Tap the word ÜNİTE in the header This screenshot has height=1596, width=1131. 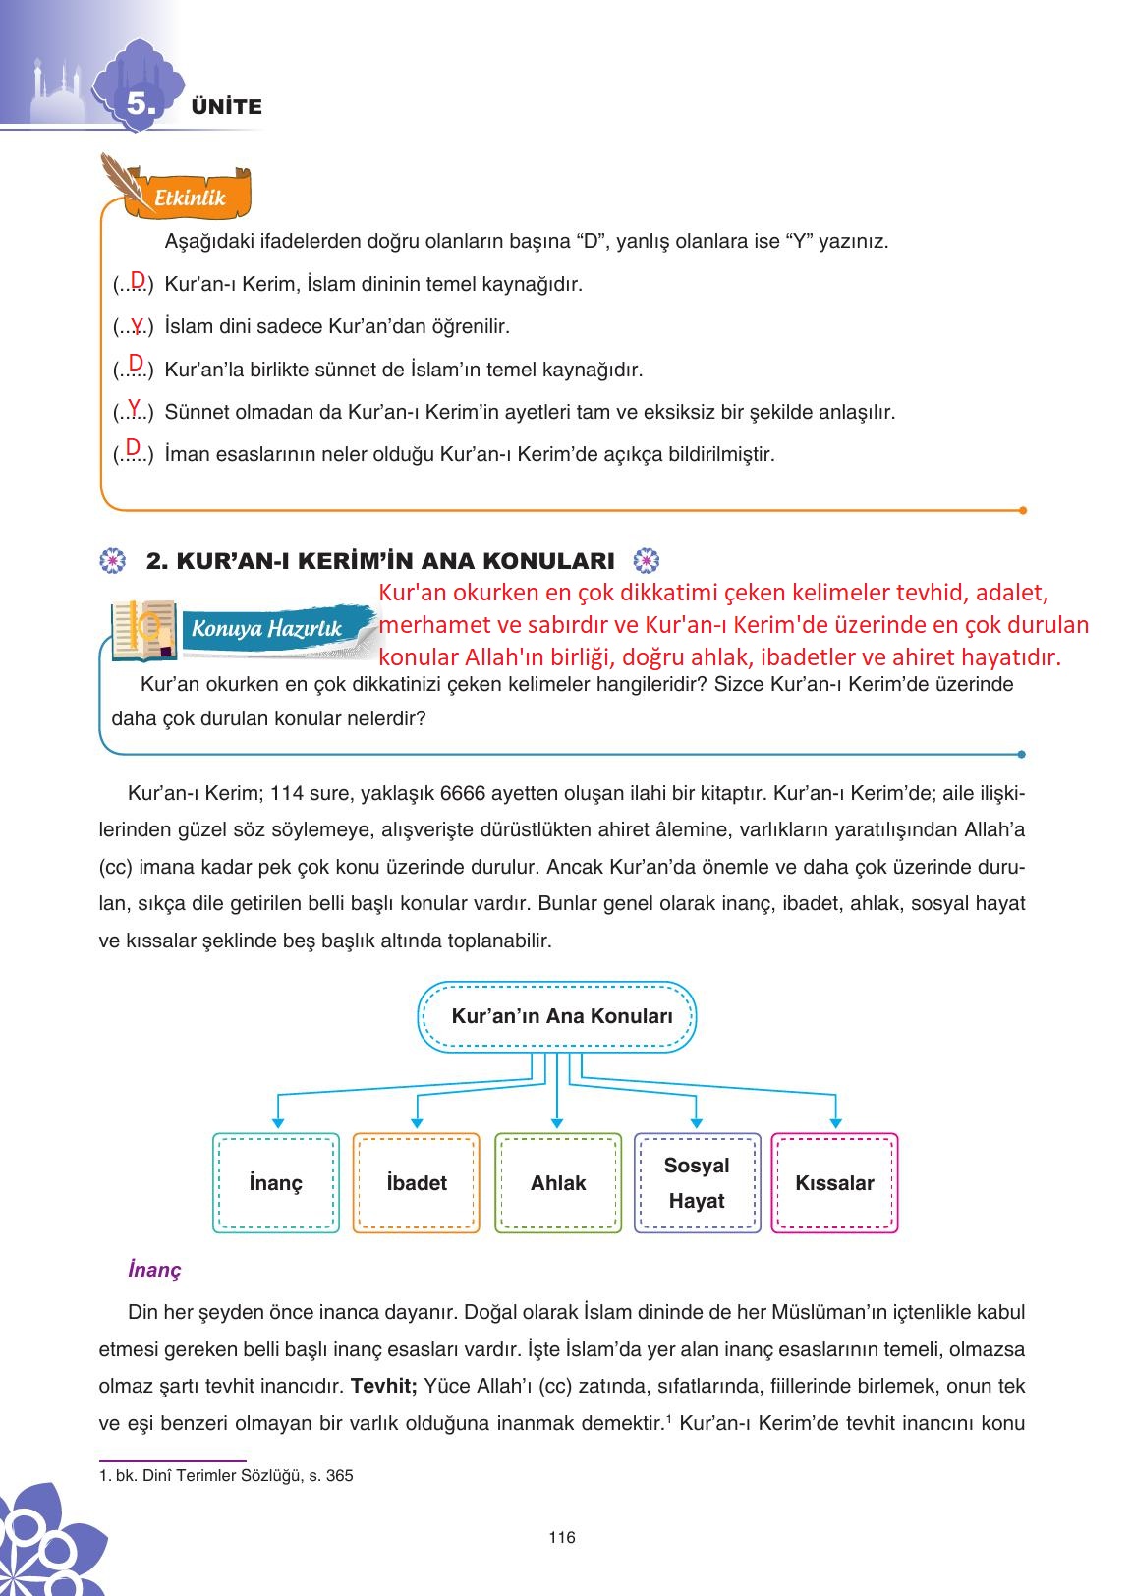[227, 107]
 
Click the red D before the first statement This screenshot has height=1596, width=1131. [138, 280]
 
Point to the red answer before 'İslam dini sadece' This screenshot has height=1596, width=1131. [137, 323]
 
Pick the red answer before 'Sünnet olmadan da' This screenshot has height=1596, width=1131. [134, 407]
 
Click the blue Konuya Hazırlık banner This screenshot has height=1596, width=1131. [267, 629]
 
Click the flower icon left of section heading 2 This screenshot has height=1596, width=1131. [114, 561]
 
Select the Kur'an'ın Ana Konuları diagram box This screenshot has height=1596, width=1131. [558, 1017]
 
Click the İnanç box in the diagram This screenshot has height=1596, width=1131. [276, 1183]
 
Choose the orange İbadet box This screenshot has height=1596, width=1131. [417, 1183]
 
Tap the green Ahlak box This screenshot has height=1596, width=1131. [558, 1183]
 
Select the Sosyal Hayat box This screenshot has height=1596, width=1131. [697, 1183]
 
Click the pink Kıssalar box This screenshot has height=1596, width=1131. [834, 1183]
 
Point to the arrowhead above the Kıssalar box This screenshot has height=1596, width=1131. [835, 1122]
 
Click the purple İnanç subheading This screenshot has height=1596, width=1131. [154, 1270]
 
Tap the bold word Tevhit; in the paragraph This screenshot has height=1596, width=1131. [384, 1386]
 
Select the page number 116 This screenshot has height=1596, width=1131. [562, 1538]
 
